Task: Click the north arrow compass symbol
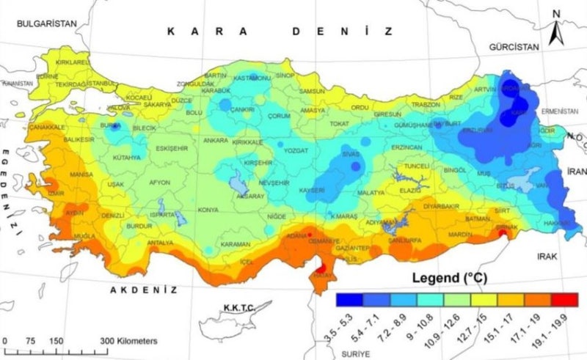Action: [x=558, y=28]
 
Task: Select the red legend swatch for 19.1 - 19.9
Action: [x=565, y=299]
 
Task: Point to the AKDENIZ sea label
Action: [x=144, y=290]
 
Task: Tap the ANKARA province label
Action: [x=215, y=140]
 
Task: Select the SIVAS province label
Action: [x=354, y=155]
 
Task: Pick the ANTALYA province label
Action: [x=160, y=243]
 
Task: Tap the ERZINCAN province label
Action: [x=406, y=147]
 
